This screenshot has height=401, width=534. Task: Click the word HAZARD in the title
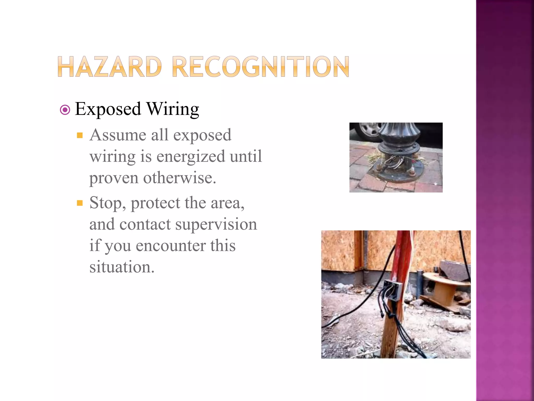coord(110,67)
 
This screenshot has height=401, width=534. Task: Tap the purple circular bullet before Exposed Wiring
coord(65,110)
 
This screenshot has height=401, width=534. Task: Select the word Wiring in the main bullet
coord(173,109)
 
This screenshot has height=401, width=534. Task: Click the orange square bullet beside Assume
coord(80,135)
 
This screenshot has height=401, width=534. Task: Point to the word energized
coord(190,157)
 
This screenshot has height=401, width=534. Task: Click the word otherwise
coord(180,178)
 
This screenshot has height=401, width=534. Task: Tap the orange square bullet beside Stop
coord(80,203)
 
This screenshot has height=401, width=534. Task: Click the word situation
coord(122,267)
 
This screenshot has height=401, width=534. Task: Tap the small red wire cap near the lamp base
coord(413,161)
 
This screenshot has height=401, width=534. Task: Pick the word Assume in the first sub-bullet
coord(118,135)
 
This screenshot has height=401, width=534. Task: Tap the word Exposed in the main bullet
coord(108,109)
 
